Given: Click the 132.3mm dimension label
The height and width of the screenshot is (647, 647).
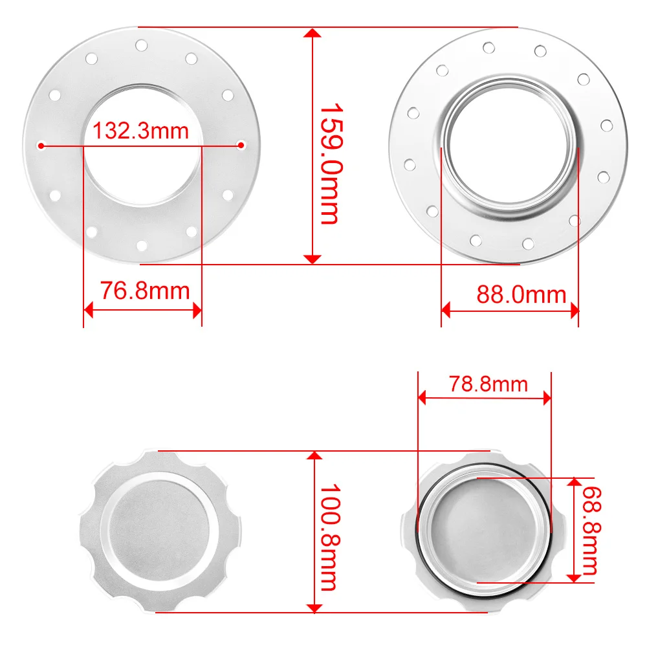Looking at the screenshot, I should (141, 131).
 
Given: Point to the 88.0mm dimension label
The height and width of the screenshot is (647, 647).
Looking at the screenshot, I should (521, 295).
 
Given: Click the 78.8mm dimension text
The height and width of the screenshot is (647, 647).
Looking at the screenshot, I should (488, 384).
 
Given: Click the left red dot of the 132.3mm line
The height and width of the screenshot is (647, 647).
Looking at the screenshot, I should (41, 146).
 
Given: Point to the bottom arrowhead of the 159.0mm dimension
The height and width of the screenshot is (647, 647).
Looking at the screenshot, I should (313, 259).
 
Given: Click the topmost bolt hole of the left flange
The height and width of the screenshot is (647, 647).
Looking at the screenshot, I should (141, 45).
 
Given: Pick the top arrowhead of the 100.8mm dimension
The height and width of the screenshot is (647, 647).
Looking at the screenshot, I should (314, 455).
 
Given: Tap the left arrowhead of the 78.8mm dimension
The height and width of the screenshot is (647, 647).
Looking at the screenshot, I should (423, 397).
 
